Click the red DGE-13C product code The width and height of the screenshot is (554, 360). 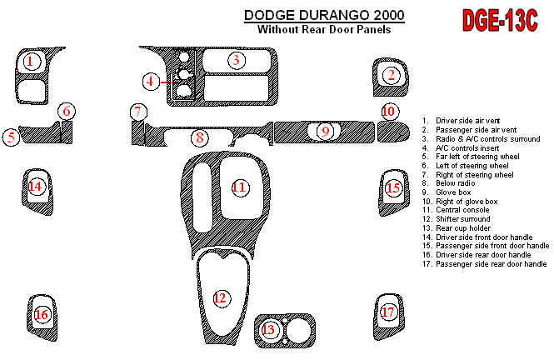[500, 21]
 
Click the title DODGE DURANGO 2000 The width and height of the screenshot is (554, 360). [324, 15]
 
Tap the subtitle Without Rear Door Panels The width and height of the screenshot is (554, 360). [324, 29]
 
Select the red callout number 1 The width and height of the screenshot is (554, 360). [31, 61]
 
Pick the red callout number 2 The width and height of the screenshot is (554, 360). [391, 75]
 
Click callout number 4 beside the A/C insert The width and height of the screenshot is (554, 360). [151, 82]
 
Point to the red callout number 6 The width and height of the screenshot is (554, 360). [67, 112]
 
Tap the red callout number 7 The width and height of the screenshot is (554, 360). [138, 112]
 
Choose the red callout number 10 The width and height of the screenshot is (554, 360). [389, 112]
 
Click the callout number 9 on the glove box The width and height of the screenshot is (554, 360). [325, 132]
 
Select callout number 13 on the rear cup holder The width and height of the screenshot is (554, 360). [269, 330]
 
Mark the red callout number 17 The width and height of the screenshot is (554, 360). [388, 312]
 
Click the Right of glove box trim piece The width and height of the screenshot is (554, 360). [393, 132]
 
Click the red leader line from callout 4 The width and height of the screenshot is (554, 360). [170, 82]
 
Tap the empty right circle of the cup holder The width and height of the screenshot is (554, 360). [298, 331]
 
